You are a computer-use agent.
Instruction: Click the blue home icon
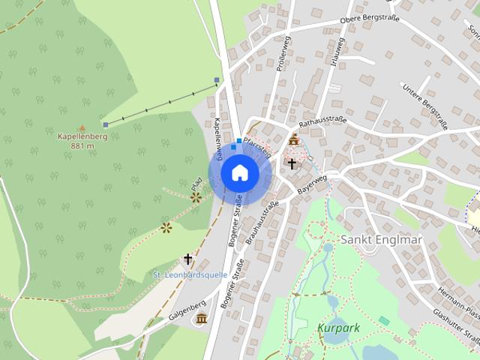(239, 172)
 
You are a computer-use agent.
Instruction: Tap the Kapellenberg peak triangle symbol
(82, 127)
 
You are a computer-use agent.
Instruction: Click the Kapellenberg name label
(82, 136)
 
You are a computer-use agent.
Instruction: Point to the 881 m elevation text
(82, 146)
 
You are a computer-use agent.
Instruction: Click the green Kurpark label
(339, 328)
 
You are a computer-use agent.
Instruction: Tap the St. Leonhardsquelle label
(190, 275)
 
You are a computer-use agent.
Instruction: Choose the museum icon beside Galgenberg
(201, 319)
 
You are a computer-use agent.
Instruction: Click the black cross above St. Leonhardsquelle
(187, 259)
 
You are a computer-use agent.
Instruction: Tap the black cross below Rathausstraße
(292, 163)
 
